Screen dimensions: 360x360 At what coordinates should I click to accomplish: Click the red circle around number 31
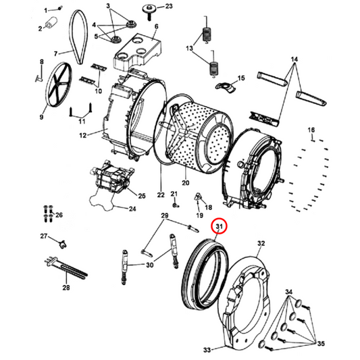pyautogui.click(x=220, y=226)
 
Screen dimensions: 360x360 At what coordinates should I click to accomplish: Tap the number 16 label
pyautogui.click(x=312, y=130)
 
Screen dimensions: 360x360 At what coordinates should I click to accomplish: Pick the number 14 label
pyautogui.click(x=293, y=60)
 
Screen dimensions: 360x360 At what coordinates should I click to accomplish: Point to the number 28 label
pyautogui.click(x=66, y=288)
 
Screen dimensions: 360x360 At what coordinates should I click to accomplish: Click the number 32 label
pyautogui.click(x=261, y=242)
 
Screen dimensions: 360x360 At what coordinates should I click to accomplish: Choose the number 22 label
pyautogui.click(x=161, y=195)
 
